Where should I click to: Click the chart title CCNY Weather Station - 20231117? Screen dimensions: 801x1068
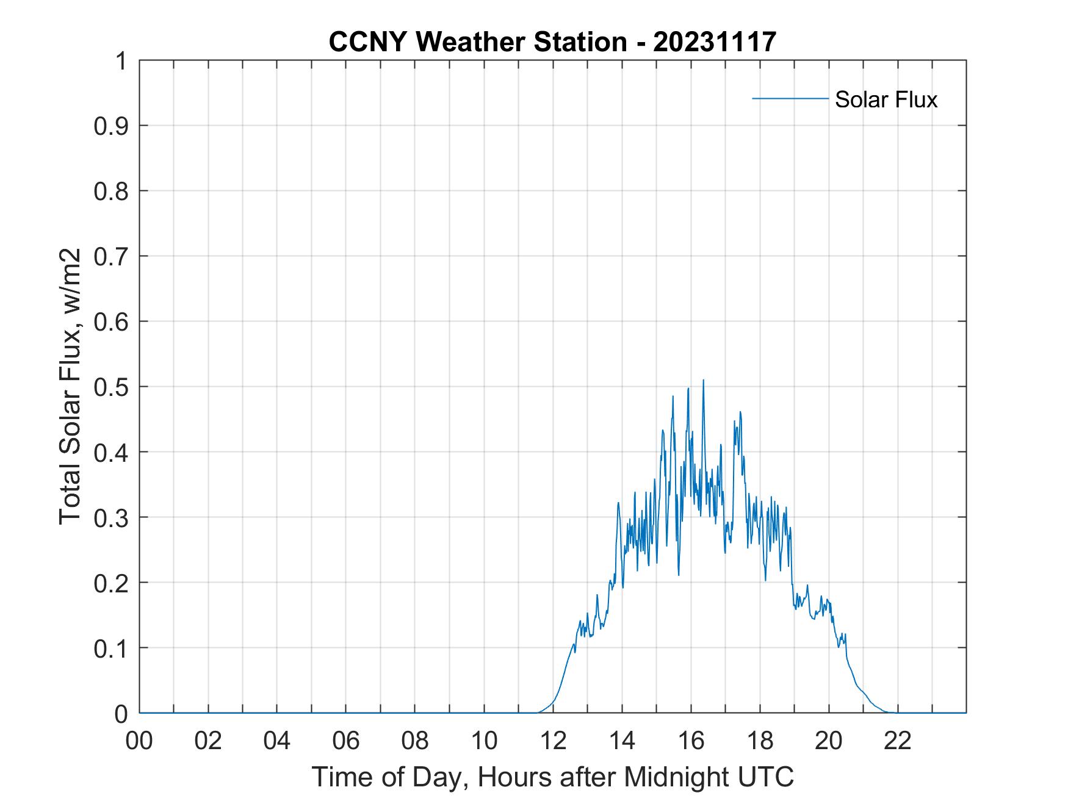(x=552, y=41)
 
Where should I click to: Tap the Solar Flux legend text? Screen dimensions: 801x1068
(x=886, y=99)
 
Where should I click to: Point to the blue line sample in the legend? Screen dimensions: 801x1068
(x=790, y=98)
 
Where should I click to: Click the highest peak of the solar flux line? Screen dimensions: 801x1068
(x=703, y=381)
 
